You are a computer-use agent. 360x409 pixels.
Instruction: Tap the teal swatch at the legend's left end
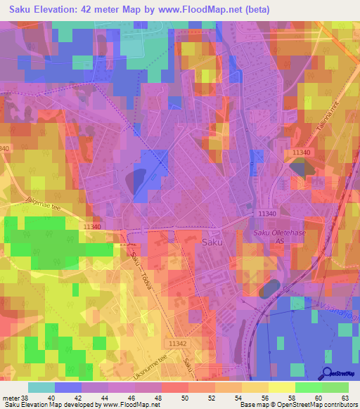click(x=41, y=387)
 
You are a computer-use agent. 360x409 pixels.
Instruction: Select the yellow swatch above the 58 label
click(x=281, y=387)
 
